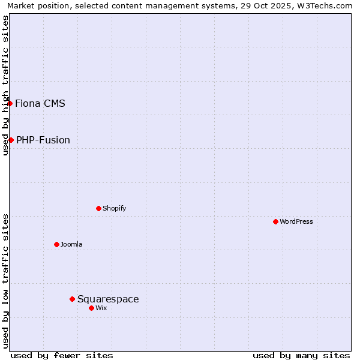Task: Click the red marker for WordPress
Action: click(275, 221)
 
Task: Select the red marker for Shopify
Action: click(98, 208)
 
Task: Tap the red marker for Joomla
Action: click(56, 244)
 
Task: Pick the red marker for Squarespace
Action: click(72, 299)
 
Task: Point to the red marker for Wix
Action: click(91, 308)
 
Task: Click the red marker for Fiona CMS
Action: click(10, 103)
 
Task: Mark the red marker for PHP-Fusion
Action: click(11, 140)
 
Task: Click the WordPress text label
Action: click(296, 221)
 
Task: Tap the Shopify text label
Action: click(115, 208)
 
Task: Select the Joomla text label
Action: click(71, 244)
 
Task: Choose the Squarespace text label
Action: click(108, 299)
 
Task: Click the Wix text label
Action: click(101, 308)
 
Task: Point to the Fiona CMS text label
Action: click(40, 103)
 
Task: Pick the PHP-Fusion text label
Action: click(43, 140)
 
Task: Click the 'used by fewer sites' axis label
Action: click(62, 355)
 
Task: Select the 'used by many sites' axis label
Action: click(301, 355)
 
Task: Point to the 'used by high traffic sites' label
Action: click(5, 85)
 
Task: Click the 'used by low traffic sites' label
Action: click(5, 280)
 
